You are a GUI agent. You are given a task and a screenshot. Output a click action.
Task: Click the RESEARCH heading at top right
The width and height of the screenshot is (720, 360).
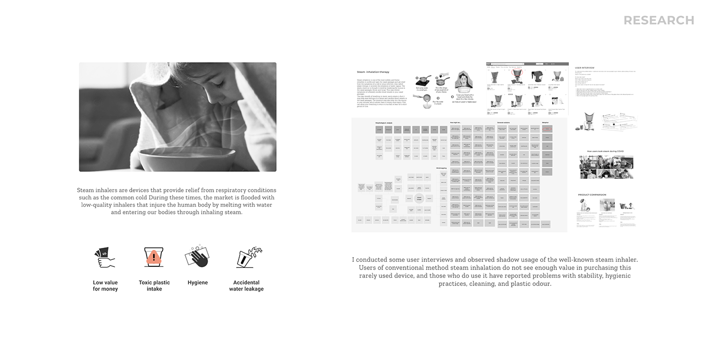pos(659,20)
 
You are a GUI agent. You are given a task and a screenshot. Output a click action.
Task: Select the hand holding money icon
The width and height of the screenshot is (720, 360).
pos(104,257)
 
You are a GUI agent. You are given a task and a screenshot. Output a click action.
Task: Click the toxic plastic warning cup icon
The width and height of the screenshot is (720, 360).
pos(154,257)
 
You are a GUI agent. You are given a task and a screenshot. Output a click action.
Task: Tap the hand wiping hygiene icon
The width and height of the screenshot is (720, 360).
pos(197,257)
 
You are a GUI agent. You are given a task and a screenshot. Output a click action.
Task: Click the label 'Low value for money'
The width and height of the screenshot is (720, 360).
pos(105,286)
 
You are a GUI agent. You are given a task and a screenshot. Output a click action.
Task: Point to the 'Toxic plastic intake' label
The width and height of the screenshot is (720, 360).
pos(154,286)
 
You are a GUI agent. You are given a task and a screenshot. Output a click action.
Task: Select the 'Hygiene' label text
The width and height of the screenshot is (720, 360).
pos(197,283)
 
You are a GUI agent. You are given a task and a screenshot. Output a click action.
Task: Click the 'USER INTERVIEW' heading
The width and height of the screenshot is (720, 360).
pos(584,67)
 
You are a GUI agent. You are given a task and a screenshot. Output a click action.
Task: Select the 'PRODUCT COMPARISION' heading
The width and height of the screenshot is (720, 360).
pos(592,195)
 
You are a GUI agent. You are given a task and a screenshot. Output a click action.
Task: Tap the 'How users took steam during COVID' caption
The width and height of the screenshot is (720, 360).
pos(606,151)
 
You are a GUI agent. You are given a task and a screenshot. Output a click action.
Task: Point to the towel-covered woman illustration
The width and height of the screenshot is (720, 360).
pos(465,82)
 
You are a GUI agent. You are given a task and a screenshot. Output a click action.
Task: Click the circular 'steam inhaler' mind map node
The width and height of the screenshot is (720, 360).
pos(419,198)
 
